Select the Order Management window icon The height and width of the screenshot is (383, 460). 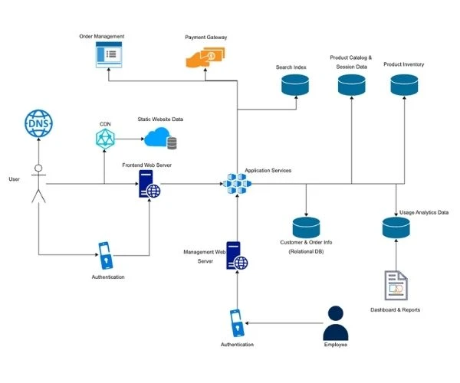[x=110, y=55]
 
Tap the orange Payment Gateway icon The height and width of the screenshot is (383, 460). [x=205, y=58]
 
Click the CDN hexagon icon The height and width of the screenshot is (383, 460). [x=104, y=139]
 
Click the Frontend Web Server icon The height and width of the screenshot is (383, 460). [x=149, y=184]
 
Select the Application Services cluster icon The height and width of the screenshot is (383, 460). [x=237, y=184]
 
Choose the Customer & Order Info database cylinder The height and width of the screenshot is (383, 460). [x=306, y=227]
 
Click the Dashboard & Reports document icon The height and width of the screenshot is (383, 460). [x=396, y=285]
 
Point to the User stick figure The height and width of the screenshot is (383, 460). [x=38, y=184]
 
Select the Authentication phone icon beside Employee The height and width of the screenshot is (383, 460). [x=237, y=322]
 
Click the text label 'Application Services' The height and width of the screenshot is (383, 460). [x=268, y=170]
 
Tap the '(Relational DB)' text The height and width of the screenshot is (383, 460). [x=306, y=252]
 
